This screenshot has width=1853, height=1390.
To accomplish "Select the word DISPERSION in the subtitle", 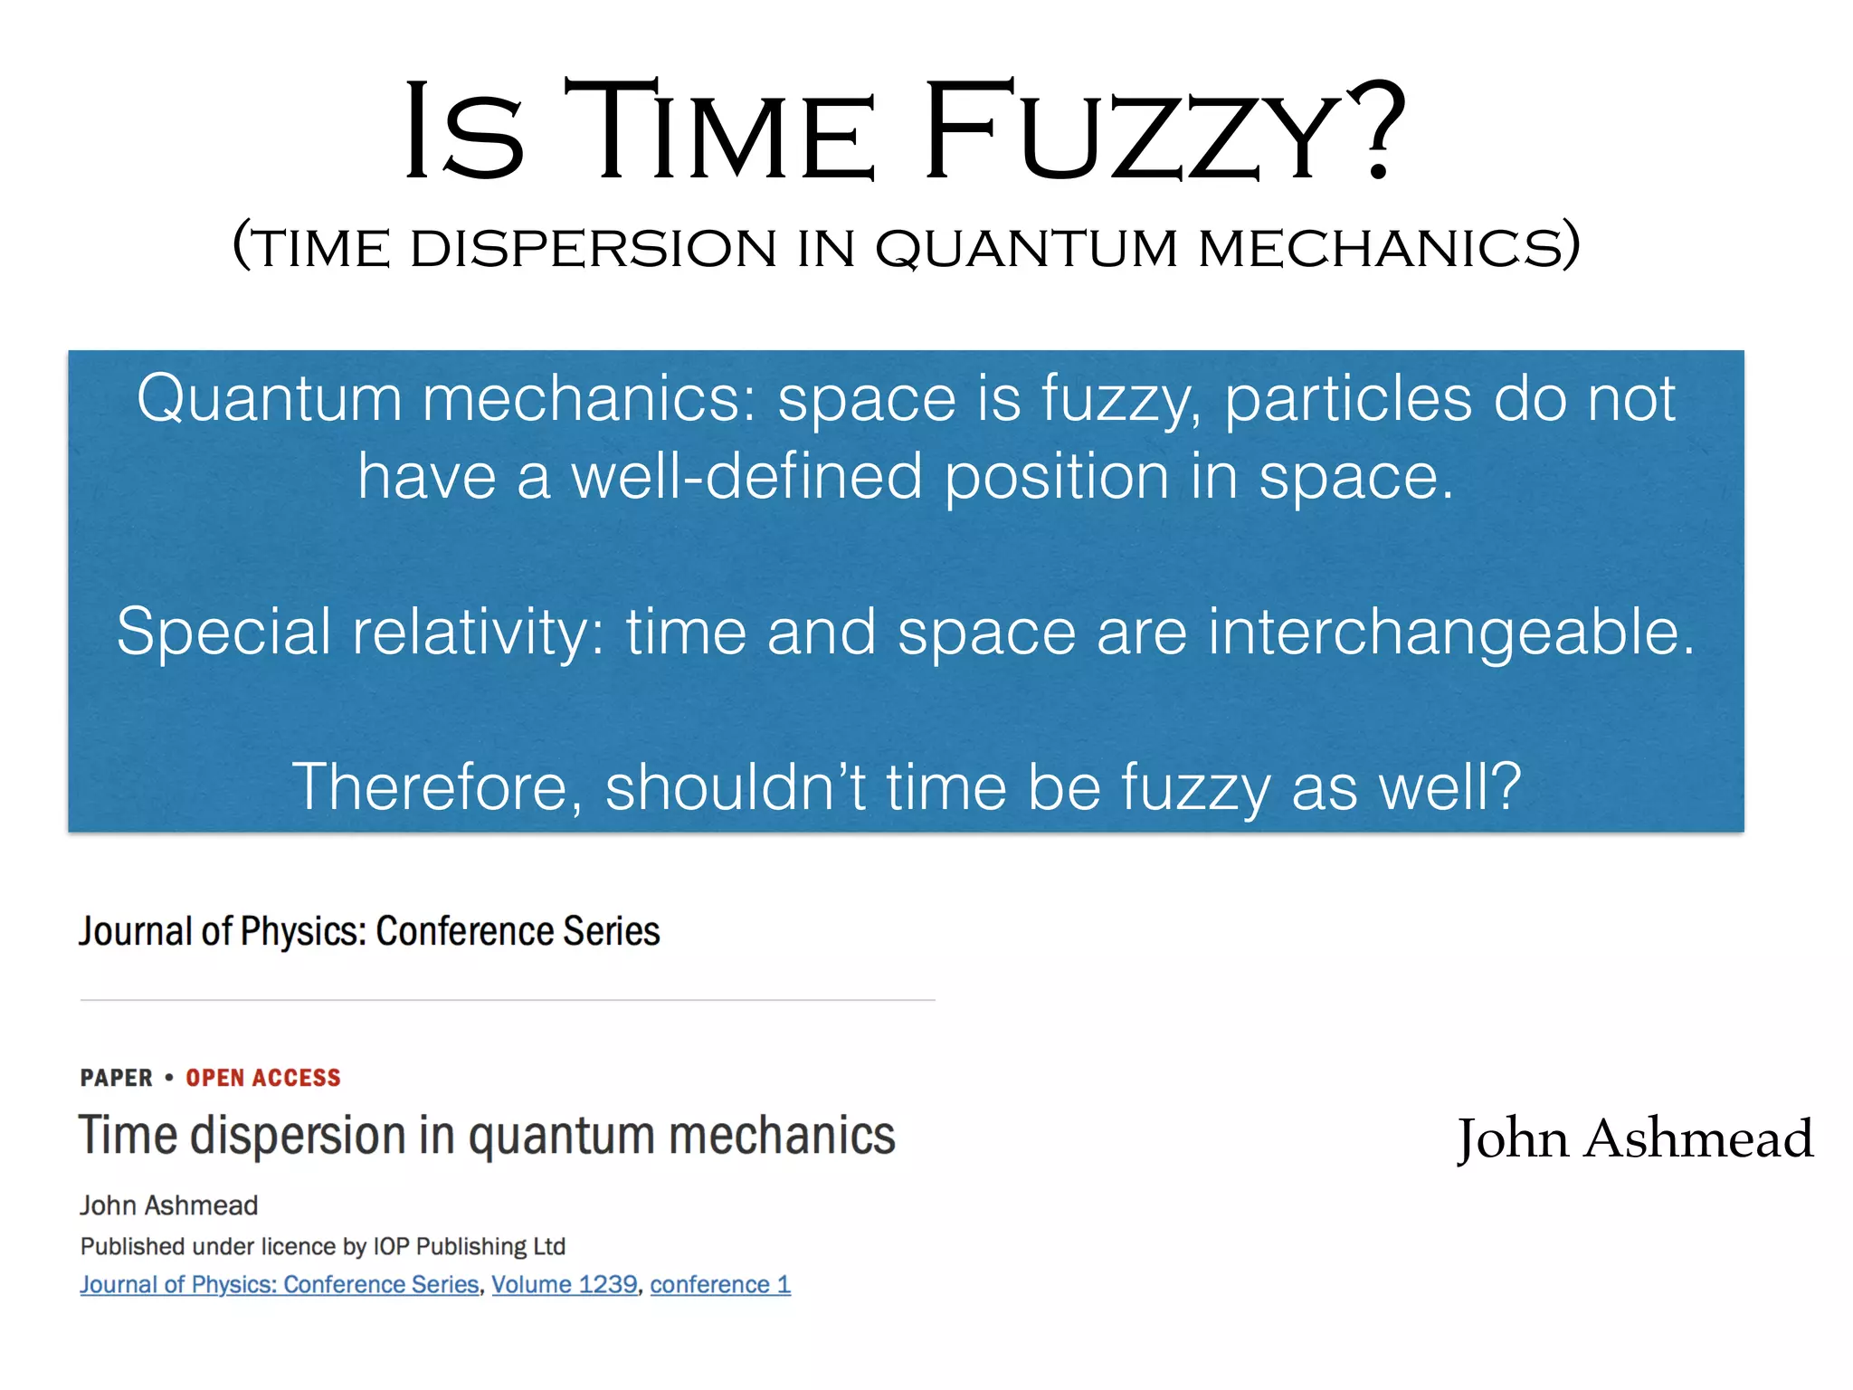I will pyautogui.click(x=593, y=248).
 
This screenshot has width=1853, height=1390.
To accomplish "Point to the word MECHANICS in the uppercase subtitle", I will pyautogui.click(x=1389, y=248).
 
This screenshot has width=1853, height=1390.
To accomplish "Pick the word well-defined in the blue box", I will pyautogui.click(x=746, y=477).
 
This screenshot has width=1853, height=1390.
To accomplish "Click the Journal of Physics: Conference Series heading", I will pyautogui.click(x=369, y=931).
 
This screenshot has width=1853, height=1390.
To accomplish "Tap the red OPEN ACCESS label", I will pyautogui.click(x=263, y=1078).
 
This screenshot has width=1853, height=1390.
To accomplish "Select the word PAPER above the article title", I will pyautogui.click(x=117, y=1078).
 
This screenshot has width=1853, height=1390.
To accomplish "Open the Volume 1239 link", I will pyautogui.click(x=565, y=1284).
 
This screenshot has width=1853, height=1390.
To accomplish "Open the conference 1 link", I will pyautogui.click(x=720, y=1284).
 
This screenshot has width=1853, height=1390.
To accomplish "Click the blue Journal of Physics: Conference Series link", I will pyautogui.click(x=280, y=1284).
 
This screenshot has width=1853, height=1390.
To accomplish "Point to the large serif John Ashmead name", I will pyautogui.click(x=1634, y=1138).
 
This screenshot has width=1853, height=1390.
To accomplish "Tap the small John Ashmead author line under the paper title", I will pyautogui.click(x=169, y=1205).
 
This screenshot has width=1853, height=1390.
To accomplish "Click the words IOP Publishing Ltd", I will pyautogui.click(x=470, y=1246).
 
